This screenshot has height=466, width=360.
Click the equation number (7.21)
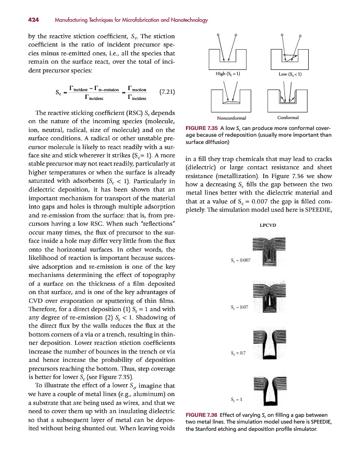[x=167, y=92]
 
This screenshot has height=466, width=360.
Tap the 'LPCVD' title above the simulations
[x=267, y=225]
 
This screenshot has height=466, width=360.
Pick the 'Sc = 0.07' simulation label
[x=239, y=308]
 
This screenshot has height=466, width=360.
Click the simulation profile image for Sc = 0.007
[x=267, y=255]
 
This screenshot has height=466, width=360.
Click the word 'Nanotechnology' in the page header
[x=186, y=20]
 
